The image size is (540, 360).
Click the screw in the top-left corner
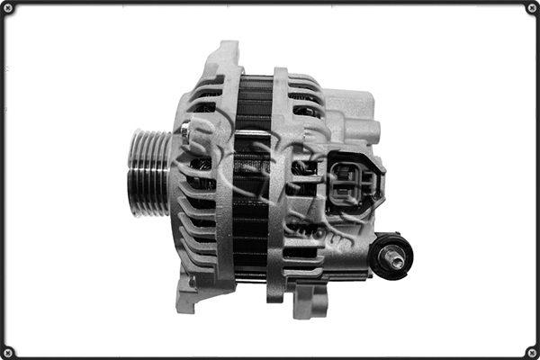click(8, 8)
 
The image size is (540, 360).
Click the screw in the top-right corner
click(531, 8)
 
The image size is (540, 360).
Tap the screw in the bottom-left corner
click(8, 351)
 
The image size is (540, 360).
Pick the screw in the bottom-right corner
click(531, 351)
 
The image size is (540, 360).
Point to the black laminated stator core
click(252, 180)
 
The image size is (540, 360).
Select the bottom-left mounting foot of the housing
click(189, 292)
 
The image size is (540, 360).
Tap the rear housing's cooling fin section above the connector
click(306, 99)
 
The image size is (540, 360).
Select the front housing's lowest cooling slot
click(202, 265)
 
